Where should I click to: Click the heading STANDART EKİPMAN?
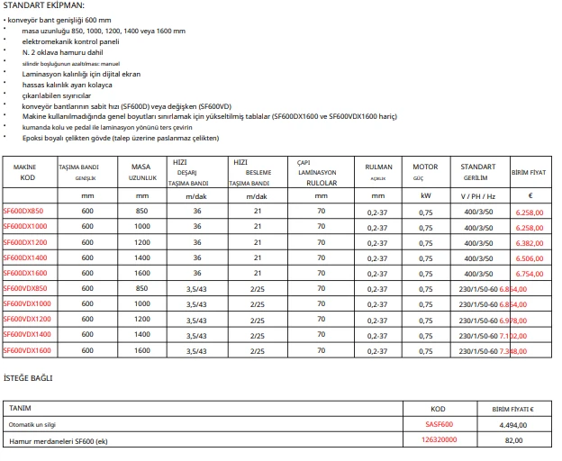tap(44, 6)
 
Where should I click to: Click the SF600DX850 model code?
tap(23, 211)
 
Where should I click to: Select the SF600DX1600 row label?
tap(25, 273)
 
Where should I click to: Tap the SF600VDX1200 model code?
tap(27, 320)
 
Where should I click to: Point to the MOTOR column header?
tap(425, 167)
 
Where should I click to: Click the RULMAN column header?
tap(378, 167)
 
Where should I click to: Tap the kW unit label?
tap(425, 195)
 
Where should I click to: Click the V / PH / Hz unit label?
tap(478, 195)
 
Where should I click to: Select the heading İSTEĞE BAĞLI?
tap(28, 377)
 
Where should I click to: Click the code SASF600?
tap(439, 424)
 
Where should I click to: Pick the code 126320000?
tap(439, 439)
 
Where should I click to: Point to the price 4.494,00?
tap(513, 424)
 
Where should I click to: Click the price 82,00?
tap(513, 439)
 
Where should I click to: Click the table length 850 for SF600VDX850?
tap(141, 289)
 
